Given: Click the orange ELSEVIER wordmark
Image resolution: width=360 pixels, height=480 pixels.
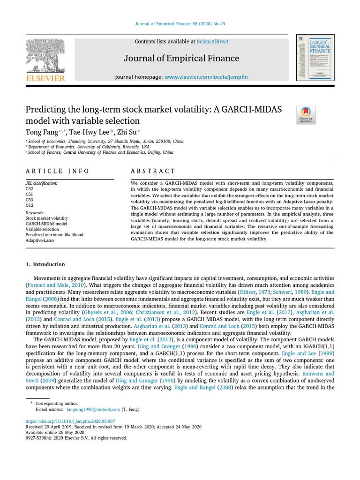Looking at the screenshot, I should pyautogui.click(x=45, y=78).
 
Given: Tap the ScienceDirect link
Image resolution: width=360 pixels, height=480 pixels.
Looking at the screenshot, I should pyautogui.click(x=212, y=42).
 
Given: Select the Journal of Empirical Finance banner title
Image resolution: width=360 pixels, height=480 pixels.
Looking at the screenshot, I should pyautogui.click(x=181, y=59).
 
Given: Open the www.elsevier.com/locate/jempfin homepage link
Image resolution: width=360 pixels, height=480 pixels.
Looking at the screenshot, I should pyautogui.click(x=206, y=76).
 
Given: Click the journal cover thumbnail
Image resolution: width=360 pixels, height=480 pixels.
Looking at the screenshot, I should pyautogui.click(x=315, y=57).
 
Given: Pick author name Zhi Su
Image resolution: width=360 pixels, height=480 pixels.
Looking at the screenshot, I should pyautogui.click(x=126, y=132).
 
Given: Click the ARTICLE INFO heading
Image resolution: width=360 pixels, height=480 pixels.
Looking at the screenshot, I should pyautogui.click(x=57, y=171).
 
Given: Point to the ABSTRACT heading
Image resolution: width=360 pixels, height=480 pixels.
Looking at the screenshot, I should pyautogui.click(x=153, y=171).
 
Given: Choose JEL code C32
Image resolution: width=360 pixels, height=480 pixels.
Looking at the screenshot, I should pyautogui.click(x=30, y=189).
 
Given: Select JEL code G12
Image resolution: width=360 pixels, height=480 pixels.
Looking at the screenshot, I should pyautogui.click(x=30, y=205).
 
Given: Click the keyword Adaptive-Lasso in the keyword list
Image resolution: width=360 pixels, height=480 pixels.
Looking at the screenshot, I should pyautogui.click(x=40, y=240).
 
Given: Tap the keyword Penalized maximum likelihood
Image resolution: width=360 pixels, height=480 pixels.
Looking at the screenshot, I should pyautogui.click(x=54, y=235).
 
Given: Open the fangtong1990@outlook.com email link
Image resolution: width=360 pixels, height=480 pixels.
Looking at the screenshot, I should pyautogui.click(x=93, y=409).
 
